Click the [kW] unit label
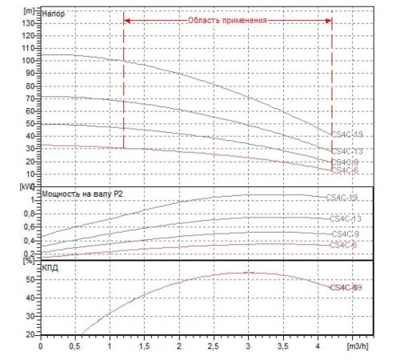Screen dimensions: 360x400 coord(30,186)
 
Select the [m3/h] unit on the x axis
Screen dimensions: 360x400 coord(358,349)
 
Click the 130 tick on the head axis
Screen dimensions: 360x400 coord(29,23)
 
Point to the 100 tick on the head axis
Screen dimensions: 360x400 coord(29,60)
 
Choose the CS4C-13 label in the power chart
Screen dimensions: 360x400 coord(346,218)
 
